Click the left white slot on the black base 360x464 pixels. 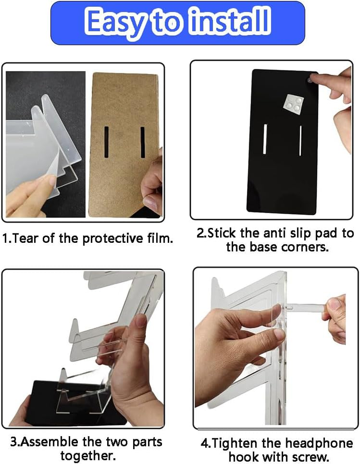tap(265, 139)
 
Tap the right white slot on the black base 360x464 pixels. tap(300, 140)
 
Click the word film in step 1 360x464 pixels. tap(161, 238)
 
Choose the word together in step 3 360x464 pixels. tap(88, 455)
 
